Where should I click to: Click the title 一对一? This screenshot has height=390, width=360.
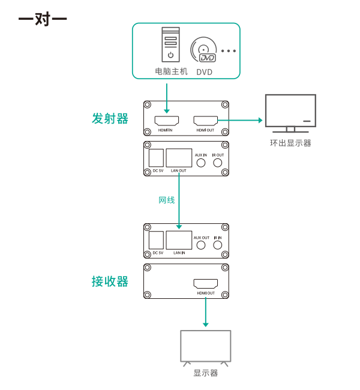[43, 19]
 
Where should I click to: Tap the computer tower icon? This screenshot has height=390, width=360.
[170, 44]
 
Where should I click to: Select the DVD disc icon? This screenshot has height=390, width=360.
[203, 50]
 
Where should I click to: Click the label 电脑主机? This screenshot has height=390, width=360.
[171, 71]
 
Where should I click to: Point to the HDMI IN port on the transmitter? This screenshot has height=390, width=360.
[167, 121]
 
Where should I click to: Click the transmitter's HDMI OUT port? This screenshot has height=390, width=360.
[206, 121]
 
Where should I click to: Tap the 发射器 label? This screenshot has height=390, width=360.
[110, 118]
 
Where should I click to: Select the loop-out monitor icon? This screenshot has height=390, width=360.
[290, 113]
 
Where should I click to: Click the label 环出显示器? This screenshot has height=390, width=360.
[290, 143]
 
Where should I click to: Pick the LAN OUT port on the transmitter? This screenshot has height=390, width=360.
[179, 158]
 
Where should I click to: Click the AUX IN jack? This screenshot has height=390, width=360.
[201, 163]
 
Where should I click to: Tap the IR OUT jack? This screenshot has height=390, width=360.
[218, 163]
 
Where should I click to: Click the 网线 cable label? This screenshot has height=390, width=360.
[167, 200]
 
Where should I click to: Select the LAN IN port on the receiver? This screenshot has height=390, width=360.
[179, 240]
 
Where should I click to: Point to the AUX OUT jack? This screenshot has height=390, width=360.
[201, 245]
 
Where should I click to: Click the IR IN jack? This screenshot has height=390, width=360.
[218, 245]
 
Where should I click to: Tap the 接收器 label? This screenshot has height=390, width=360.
[110, 281]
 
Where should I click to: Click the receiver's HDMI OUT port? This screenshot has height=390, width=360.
[206, 284]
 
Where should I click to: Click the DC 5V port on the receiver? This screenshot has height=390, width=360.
[156, 240]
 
